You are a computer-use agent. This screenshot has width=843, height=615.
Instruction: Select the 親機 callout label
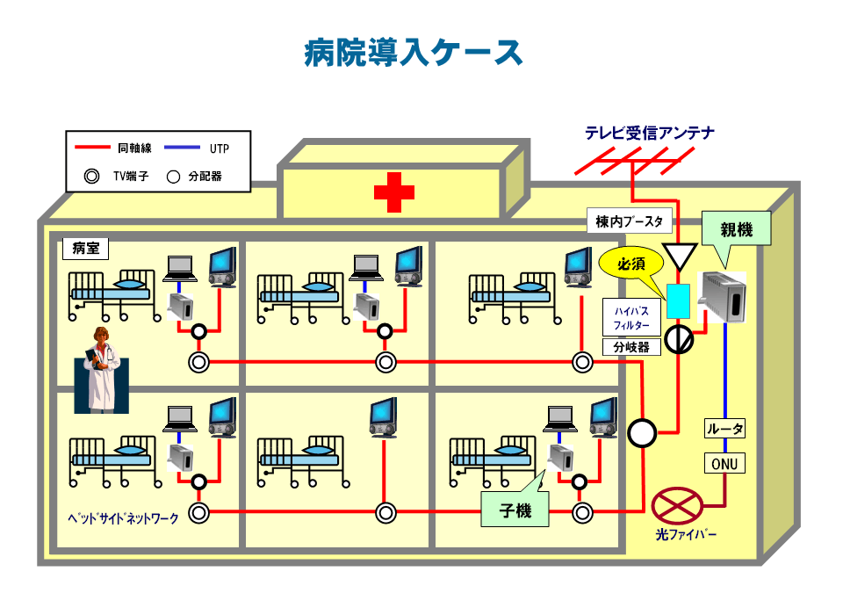coord(736,230)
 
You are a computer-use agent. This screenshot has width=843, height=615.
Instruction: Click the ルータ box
coord(725,430)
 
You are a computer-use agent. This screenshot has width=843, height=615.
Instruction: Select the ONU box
coord(725,462)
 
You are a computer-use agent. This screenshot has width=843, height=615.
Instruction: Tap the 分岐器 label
coord(631,347)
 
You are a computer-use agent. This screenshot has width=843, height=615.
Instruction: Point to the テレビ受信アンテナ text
coord(650,134)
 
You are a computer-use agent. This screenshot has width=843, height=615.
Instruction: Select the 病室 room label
coord(85,249)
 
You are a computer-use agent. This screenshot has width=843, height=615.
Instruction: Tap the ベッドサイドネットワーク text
coord(123,518)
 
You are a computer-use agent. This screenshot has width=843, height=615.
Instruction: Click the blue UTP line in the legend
coord(182,148)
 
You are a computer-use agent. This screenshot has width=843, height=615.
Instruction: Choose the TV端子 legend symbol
coord(91,176)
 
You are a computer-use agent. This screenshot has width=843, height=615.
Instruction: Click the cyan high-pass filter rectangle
coord(679,301)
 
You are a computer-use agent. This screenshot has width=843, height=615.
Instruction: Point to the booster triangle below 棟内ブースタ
coord(679,257)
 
